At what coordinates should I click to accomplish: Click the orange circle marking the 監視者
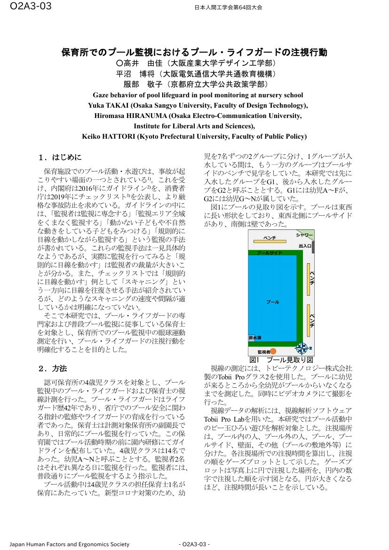pos(273,351)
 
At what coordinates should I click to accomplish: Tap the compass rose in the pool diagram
pos(301,348)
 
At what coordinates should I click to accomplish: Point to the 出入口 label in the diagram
pos(305,246)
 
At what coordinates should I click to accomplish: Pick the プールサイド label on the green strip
pos(270,253)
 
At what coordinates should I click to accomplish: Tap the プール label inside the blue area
pos(272,301)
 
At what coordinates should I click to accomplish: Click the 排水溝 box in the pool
pos(255,338)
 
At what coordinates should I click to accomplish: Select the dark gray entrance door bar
pos(313,248)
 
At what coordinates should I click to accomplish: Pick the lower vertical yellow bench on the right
pos(309,320)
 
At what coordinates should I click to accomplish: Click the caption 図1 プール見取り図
pos(281,360)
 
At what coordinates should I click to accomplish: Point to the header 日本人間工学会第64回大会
pos(228,8)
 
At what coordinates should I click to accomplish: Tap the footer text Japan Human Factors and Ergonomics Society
pos(69,544)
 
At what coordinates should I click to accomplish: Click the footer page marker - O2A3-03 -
pos(194,544)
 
